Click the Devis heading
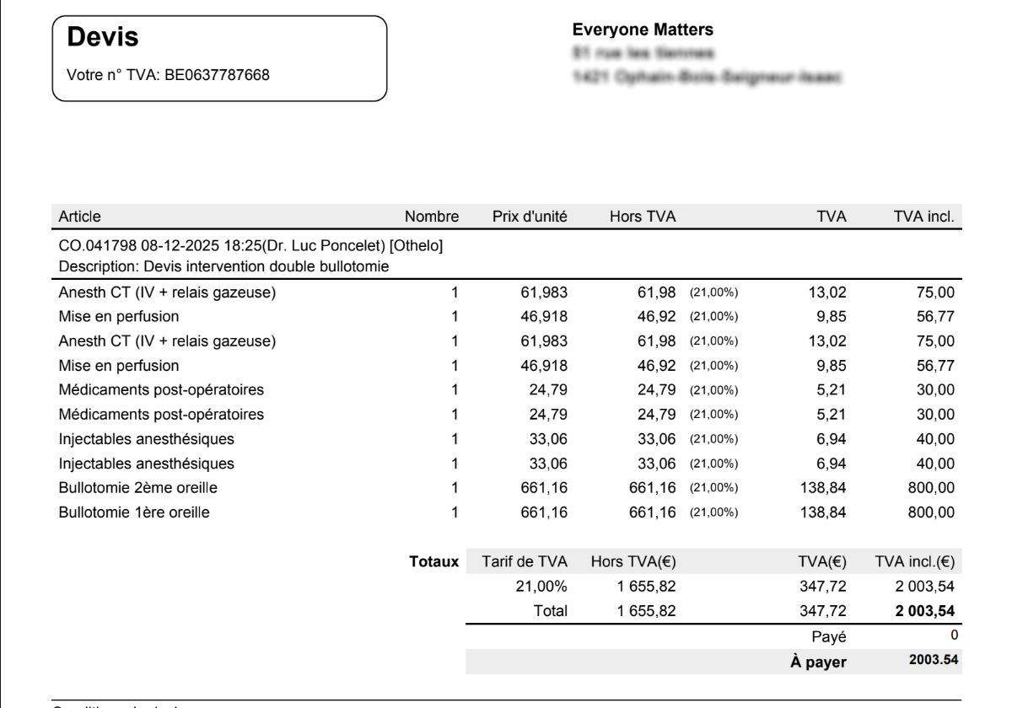click(102, 37)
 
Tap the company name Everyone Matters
click(643, 29)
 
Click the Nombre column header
click(432, 217)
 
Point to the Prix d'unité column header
click(529, 217)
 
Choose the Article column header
click(79, 217)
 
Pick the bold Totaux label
click(433, 560)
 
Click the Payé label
click(831, 636)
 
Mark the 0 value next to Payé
click(955, 634)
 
